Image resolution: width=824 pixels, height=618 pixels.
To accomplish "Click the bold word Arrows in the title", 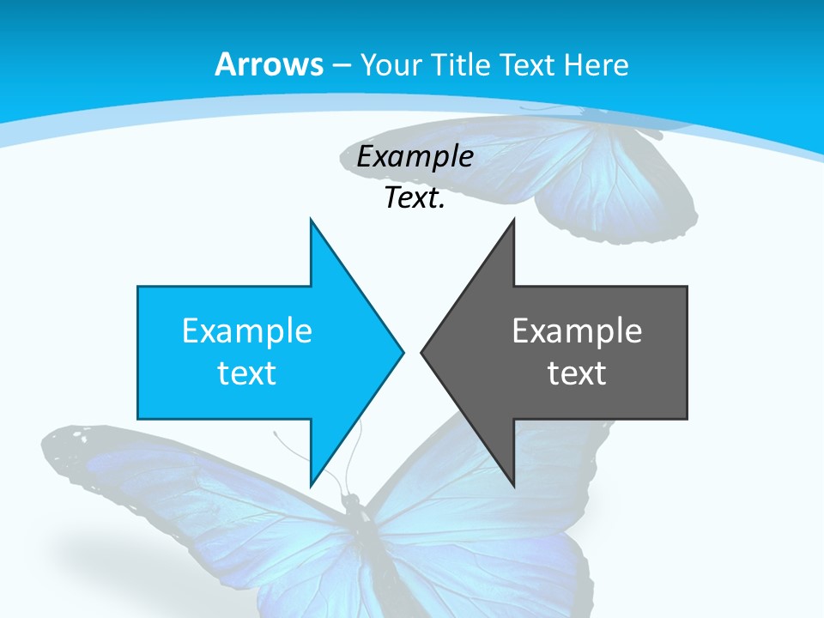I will pos(270,64).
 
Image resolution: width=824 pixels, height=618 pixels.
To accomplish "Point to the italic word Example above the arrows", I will pos(415,157).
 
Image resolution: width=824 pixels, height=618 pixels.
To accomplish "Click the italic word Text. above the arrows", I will pos(415,198).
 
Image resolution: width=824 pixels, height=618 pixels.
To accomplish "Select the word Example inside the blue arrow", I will pos(247,331).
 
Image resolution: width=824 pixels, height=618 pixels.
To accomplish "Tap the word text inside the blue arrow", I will pos(247,373).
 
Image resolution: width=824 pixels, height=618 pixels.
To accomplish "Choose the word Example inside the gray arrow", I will pos(577,331).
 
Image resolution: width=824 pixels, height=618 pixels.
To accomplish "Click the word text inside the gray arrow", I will pos(577,373).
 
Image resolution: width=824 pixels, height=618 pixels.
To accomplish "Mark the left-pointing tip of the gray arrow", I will pos(422,352).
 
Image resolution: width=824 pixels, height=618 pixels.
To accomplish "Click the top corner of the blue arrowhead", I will pos(311,220).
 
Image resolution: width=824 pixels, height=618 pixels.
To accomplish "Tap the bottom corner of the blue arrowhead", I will pos(311,485).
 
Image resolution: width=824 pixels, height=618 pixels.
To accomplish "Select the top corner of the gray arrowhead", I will pos(513,220).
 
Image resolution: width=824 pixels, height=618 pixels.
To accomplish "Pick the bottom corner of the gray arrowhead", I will pos(513,485).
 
